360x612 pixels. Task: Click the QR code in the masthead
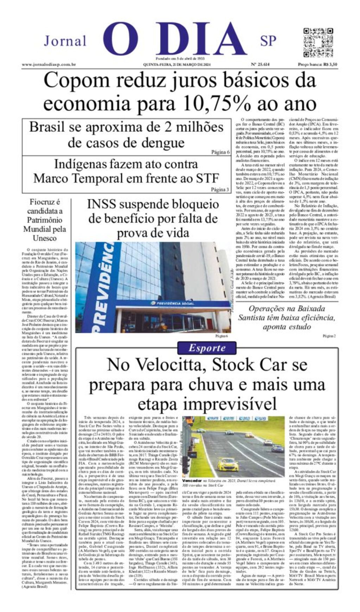point(318,43)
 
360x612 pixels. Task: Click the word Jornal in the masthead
point(65,41)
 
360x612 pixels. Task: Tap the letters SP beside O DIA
point(268,41)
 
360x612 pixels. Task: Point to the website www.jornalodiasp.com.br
point(49,64)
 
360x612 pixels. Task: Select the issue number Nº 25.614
point(260,64)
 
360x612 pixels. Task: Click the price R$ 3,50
point(330,64)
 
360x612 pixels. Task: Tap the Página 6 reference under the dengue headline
point(220,152)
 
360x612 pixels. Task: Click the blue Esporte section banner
point(207,348)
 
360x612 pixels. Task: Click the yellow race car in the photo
point(228,465)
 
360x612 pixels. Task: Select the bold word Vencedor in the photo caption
point(192,480)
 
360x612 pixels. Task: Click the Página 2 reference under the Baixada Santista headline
point(329,336)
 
